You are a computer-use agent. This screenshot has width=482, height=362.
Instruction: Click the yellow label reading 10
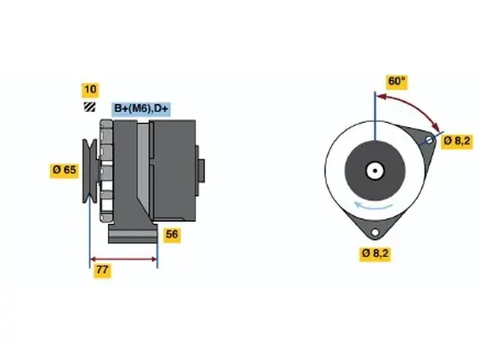(90, 90)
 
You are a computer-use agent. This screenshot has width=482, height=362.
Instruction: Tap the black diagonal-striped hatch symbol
(90, 106)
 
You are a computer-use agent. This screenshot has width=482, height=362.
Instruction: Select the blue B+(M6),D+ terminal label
(141, 109)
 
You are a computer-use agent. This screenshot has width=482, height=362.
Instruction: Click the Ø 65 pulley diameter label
(65, 170)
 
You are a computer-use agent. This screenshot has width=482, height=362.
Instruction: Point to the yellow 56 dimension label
(172, 235)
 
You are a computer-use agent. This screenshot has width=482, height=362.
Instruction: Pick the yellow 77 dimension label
(102, 270)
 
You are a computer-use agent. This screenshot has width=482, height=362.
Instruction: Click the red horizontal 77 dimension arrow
(124, 259)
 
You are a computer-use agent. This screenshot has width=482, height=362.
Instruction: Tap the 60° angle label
(397, 81)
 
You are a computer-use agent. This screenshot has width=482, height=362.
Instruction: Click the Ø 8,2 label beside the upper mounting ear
(457, 141)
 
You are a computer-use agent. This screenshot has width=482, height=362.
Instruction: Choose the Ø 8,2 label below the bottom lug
(376, 254)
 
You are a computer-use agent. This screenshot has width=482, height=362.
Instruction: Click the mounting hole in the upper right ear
(429, 140)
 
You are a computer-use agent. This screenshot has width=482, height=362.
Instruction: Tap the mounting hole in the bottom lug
(375, 232)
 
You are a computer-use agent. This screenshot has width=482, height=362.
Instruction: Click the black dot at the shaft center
(375, 170)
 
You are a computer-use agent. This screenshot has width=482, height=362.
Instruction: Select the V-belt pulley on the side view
(90, 171)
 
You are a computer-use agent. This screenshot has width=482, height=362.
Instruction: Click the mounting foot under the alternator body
(133, 233)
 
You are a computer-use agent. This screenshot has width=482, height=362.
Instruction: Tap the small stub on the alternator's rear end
(202, 171)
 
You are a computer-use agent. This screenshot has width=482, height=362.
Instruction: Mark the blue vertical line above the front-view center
(375, 117)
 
